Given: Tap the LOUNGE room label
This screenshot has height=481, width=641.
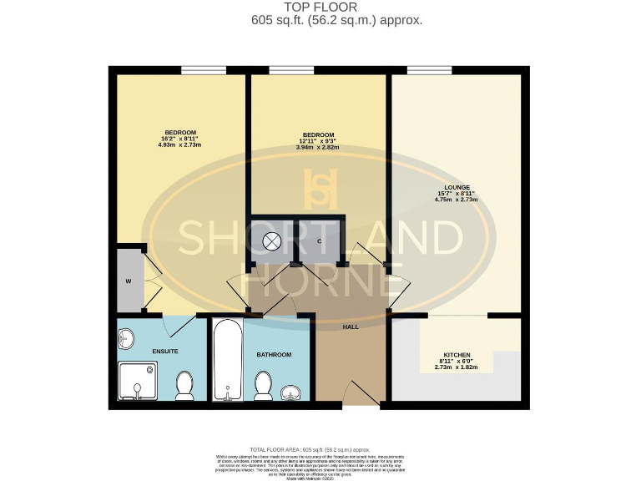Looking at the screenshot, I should click(x=457, y=187).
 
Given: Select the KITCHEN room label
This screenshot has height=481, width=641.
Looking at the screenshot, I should click(x=457, y=355).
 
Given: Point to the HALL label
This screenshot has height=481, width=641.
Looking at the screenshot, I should click(x=351, y=327).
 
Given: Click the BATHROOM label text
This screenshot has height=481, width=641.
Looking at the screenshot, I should click(x=274, y=355).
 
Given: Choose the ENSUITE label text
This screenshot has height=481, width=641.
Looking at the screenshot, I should click(x=164, y=351).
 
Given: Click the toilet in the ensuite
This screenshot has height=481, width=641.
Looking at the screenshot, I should click(x=185, y=385).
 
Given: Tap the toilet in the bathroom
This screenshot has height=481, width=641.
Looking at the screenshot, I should click(x=264, y=385).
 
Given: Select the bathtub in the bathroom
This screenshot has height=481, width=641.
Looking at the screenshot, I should click(x=226, y=361).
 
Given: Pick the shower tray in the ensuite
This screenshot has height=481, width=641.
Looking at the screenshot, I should click(x=137, y=380).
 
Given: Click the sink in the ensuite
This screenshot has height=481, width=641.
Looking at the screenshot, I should click(x=126, y=340).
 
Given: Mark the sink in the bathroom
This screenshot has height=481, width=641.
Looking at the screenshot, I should click(x=293, y=391).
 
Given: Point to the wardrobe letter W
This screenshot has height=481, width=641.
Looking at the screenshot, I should click(x=129, y=281).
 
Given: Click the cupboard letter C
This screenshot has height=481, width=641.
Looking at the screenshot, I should click(x=320, y=241).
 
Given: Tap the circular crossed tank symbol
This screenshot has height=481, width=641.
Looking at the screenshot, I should click(x=272, y=241).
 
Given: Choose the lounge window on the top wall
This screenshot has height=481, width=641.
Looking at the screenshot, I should click(x=429, y=69).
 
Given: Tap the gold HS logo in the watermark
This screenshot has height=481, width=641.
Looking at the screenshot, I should click(x=320, y=189).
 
